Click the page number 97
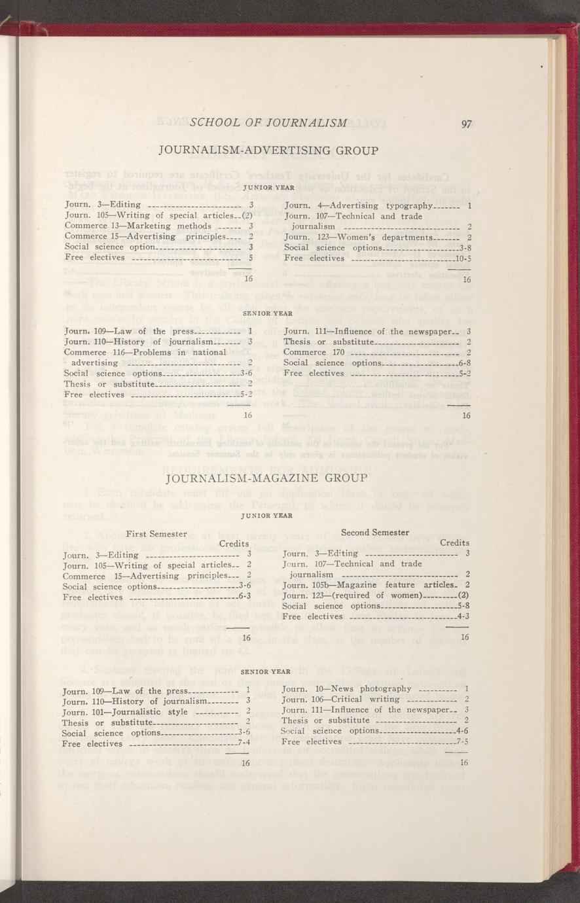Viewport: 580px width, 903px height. click(467, 124)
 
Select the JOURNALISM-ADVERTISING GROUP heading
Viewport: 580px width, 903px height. click(268, 151)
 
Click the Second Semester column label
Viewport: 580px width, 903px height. click(376, 533)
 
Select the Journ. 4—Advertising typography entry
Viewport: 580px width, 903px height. click(359, 205)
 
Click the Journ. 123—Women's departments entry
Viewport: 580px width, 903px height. click(359, 237)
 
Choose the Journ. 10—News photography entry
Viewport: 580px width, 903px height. click(346, 688)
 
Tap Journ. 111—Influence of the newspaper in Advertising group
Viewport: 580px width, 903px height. click(369, 331)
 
